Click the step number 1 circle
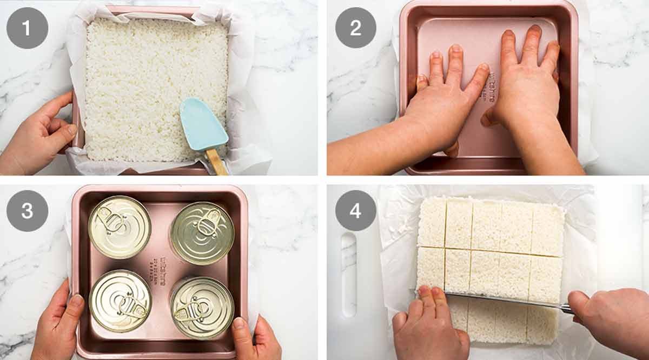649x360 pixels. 27,28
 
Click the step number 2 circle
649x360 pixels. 355,28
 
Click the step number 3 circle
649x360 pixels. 27,211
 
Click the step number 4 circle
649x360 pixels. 355,211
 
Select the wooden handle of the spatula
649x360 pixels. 216,162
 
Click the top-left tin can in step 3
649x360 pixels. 119,227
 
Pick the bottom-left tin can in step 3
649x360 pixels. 120,301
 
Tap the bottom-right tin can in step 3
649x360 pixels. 202,307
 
